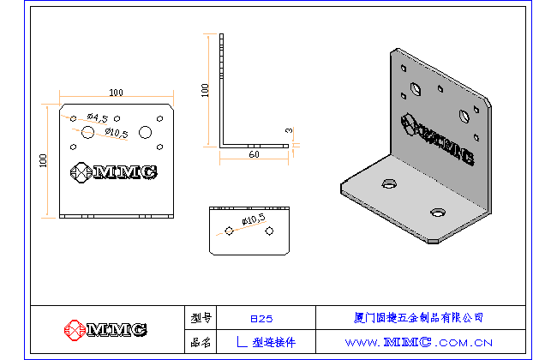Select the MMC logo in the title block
(105, 329)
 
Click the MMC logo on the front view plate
(113, 172)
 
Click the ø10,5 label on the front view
(113, 133)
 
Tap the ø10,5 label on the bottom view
(253, 221)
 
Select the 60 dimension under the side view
(254, 155)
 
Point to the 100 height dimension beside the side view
(204, 91)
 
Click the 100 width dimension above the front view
(117, 92)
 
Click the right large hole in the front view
(145, 131)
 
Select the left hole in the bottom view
(230, 231)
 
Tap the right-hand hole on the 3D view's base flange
(439, 210)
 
